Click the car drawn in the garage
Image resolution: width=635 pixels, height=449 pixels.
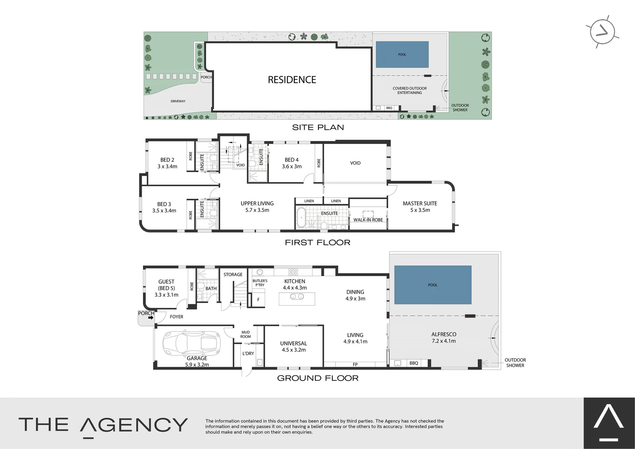click(192, 343)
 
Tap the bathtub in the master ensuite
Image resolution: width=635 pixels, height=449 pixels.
click(301, 218)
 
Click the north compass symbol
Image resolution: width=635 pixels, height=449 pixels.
click(602, 32)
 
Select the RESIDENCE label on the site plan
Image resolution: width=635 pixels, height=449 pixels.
click(292, 80)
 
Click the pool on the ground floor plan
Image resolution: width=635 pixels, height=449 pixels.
click(433, 285)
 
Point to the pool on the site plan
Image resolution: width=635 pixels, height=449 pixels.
click(402, 54)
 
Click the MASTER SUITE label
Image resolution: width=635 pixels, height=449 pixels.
click(420, 203)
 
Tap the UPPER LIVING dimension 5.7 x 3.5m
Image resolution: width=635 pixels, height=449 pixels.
click(257, 210)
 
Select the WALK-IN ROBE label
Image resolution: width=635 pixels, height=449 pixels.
click(368, 220)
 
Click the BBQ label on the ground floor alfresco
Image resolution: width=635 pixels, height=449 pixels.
click(413, 363)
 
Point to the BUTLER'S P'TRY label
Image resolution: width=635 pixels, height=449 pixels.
click(260, 283)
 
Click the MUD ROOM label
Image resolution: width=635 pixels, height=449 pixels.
click(246, 334)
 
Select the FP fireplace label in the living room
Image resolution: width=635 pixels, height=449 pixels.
click(355, 365)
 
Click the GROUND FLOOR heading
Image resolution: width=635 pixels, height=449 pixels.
click(317, 378)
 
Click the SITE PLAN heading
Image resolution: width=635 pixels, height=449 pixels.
click(318, 127)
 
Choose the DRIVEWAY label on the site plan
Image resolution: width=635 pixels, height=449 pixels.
click(178, 101)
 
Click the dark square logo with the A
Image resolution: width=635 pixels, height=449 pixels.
click(609, 423)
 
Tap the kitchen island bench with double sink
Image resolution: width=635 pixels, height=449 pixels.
click(297, 297)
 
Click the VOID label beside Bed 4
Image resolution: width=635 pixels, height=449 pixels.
click(355, 163)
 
